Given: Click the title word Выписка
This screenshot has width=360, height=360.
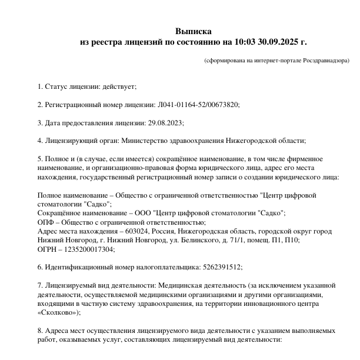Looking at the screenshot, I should [x=193, y=31].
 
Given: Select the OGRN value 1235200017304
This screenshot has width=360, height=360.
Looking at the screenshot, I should [x=87, y=249].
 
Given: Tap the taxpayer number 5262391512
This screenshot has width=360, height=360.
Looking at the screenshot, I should [x=222, y=266].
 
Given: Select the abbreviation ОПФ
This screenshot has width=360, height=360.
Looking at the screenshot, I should [x=46, y=222].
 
